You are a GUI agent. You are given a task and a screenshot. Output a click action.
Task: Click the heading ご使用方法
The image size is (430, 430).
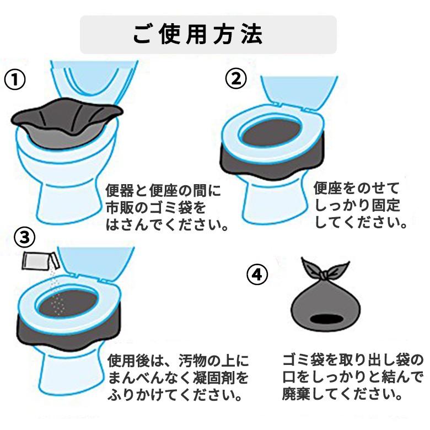(x=198, y=34)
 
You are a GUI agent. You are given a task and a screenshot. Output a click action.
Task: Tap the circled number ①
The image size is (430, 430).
(x=15, y=79)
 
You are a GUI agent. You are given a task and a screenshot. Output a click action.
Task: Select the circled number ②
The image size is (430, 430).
(x=236, y=78)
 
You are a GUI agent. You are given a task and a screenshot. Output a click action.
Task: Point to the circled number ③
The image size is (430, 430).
(x=25, y=238)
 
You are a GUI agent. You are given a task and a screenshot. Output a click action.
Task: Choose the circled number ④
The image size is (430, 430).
(x=257, y=274)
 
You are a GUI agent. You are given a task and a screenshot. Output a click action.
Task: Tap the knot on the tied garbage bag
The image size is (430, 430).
(x=324, y=275)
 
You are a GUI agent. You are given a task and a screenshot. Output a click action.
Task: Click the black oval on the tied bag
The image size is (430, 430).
(x=326, y=319)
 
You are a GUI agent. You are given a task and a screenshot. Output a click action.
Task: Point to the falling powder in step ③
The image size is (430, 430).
(x=56, y=293)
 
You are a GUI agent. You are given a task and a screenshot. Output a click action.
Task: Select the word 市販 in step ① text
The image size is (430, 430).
(x=120, y=208)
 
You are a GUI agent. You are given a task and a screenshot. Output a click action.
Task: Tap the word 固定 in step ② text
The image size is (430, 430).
(x=386, y=205)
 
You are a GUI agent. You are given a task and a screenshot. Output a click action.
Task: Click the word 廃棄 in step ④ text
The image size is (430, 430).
(x=297, y=394)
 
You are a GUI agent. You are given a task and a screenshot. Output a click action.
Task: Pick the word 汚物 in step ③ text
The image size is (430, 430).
(x=192, y=361)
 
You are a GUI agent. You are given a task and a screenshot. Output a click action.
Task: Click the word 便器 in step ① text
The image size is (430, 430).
(x=120, y=191)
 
